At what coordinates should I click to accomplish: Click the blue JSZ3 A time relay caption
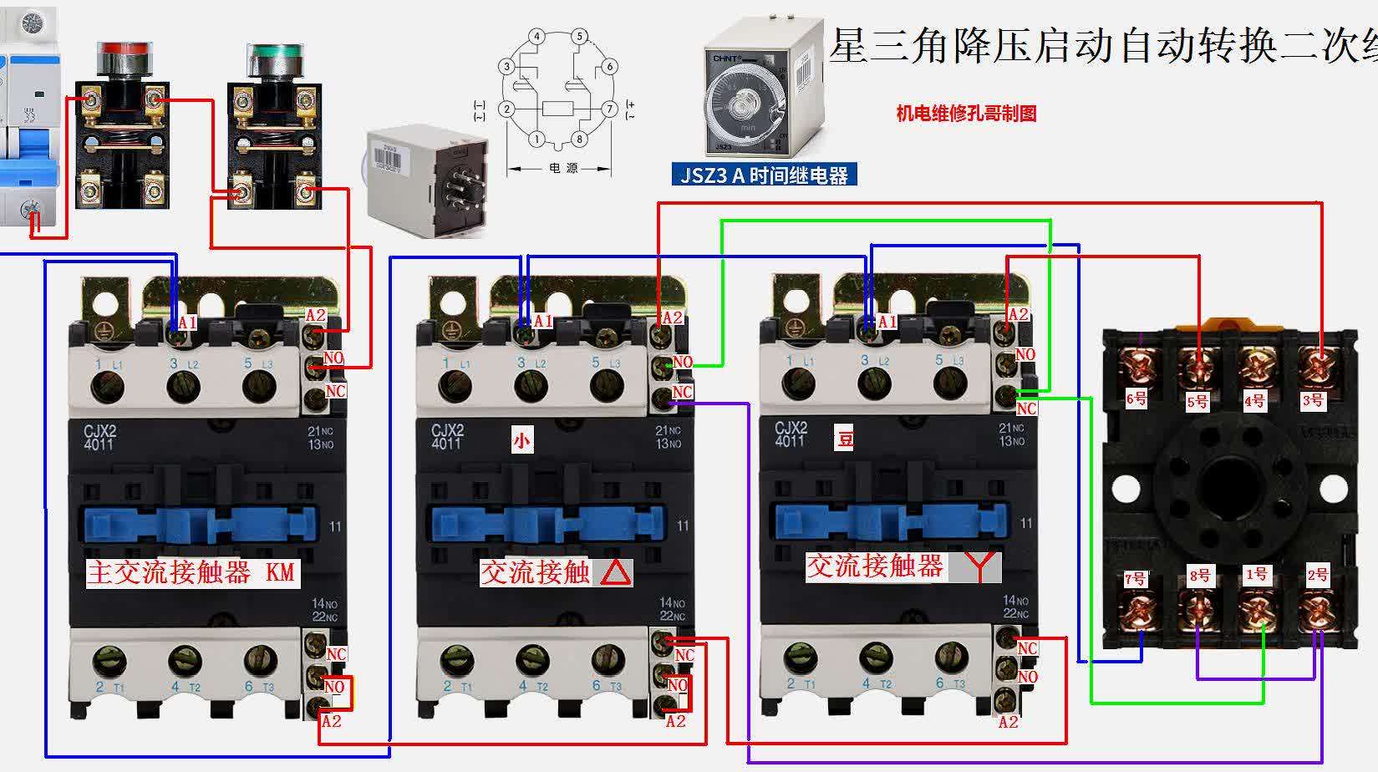(x=765, y=175)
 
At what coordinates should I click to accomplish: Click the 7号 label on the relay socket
(x=1135, y=577)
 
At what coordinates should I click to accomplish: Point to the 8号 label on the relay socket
(x=1199, y=575)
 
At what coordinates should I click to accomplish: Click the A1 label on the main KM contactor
(x=186, y=322)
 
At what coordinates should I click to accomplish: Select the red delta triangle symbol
(x=616, y=571)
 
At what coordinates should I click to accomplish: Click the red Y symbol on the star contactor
(x=976, y=566)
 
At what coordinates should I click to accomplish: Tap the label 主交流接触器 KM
(x=191, y=572)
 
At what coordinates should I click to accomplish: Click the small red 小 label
(x=521, y=439)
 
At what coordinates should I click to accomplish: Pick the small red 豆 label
(x=844, y=438)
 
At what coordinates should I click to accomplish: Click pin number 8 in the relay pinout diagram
(x=579, y=139)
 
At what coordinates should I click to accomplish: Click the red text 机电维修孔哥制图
(x=966, y=114)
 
